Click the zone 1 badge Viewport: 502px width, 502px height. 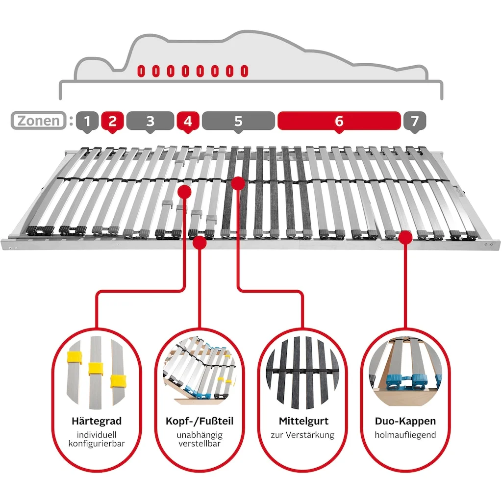tap(87, 121)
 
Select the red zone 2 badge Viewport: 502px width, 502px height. tap(112, 121)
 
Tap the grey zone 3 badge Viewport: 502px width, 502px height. tap(150, 121)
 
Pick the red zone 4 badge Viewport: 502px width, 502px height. tap(188, 121)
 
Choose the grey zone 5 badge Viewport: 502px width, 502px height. tap(238, 121)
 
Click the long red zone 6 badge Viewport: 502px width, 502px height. tap(339, 121)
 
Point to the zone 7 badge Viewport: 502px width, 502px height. tap(415, 121)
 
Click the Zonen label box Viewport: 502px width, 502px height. tap(39, 121)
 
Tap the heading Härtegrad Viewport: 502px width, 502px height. tap(96, 421)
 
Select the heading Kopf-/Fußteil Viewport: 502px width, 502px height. tap(200, 421)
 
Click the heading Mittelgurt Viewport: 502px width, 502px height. tap(303, 421)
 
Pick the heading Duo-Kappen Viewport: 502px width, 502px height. tap(405, 421)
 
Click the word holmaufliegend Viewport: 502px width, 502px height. tap(405, 434)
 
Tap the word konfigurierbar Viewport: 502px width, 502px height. tap(96, 444)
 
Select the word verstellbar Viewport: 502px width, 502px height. tap(200, 444)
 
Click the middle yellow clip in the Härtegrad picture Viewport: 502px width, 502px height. tap(96, 368)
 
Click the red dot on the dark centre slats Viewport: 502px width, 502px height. tap(238, 183)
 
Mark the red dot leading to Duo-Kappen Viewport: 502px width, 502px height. tap(405, 237)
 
